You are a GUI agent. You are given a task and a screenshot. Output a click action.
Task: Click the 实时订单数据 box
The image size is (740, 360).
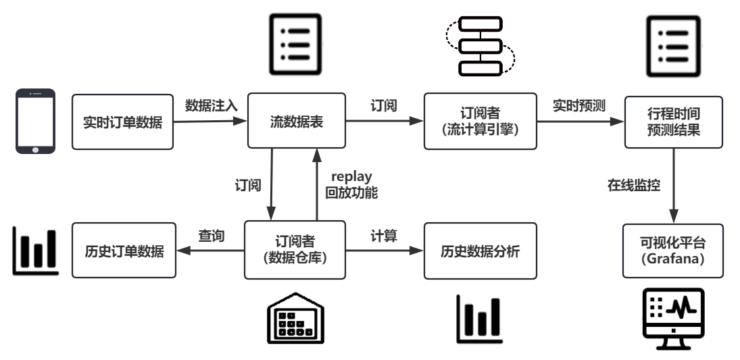122,122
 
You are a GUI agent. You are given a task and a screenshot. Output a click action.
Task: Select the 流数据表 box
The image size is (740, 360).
297,122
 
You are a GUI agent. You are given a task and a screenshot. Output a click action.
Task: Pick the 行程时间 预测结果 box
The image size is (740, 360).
672,122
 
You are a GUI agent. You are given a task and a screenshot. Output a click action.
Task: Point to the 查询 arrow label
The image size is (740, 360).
211,236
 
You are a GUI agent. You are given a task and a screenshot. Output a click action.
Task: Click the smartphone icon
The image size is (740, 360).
34,122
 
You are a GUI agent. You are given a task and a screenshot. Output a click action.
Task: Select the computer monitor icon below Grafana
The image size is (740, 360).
672,318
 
